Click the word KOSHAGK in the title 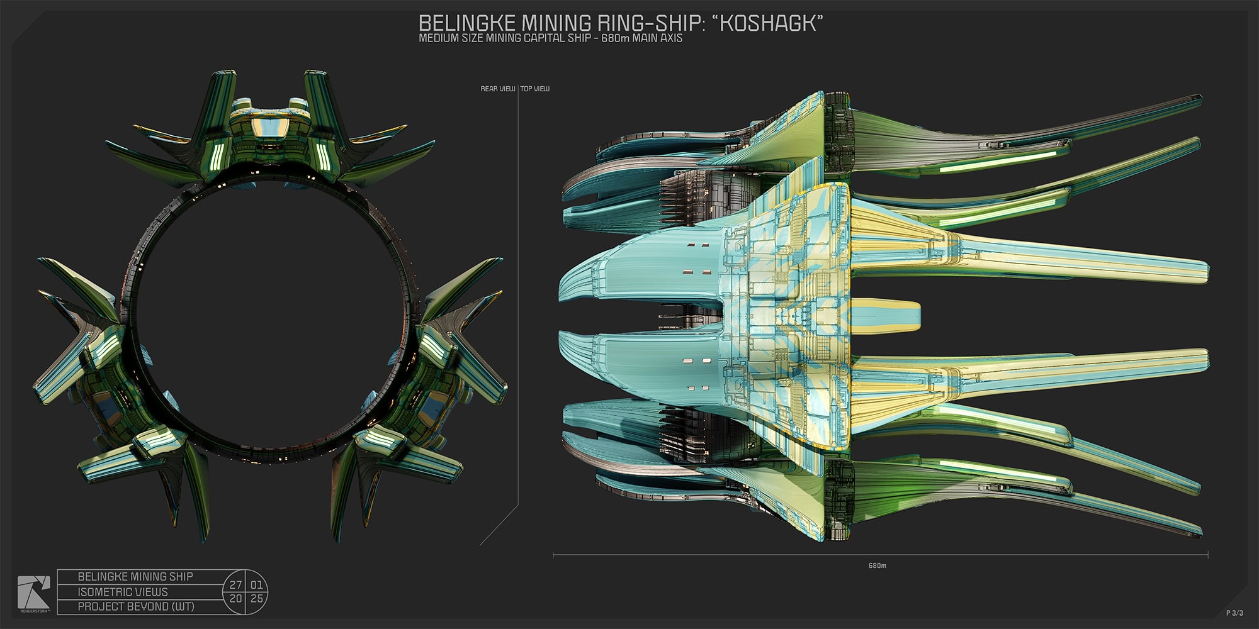pyautogui.click(x=771, y=23)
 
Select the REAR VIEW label pyautogui.click(x=497, y=89)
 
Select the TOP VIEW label pyautogui.click(x=535, y=89)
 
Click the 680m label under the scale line pyautogui.click(x=878, y=565)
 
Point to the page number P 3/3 pyautogui.click(x=1234, y=613)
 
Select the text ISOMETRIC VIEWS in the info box pyautogui.click(x=123, y=592)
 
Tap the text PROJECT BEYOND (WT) pyautogui.click(x=135, y=607)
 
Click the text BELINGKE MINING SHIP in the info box pyautogui.click(x=135, y=577)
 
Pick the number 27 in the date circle pyautogui.click(x=235, y=585)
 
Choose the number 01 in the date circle pyautogui.click(x=257, y=585)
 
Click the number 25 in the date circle pyautogui.click(x=257, y=599)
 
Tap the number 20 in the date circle pyautogui.click(x=235, y=599)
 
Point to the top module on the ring pyautogui.click(x=271, y=135)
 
